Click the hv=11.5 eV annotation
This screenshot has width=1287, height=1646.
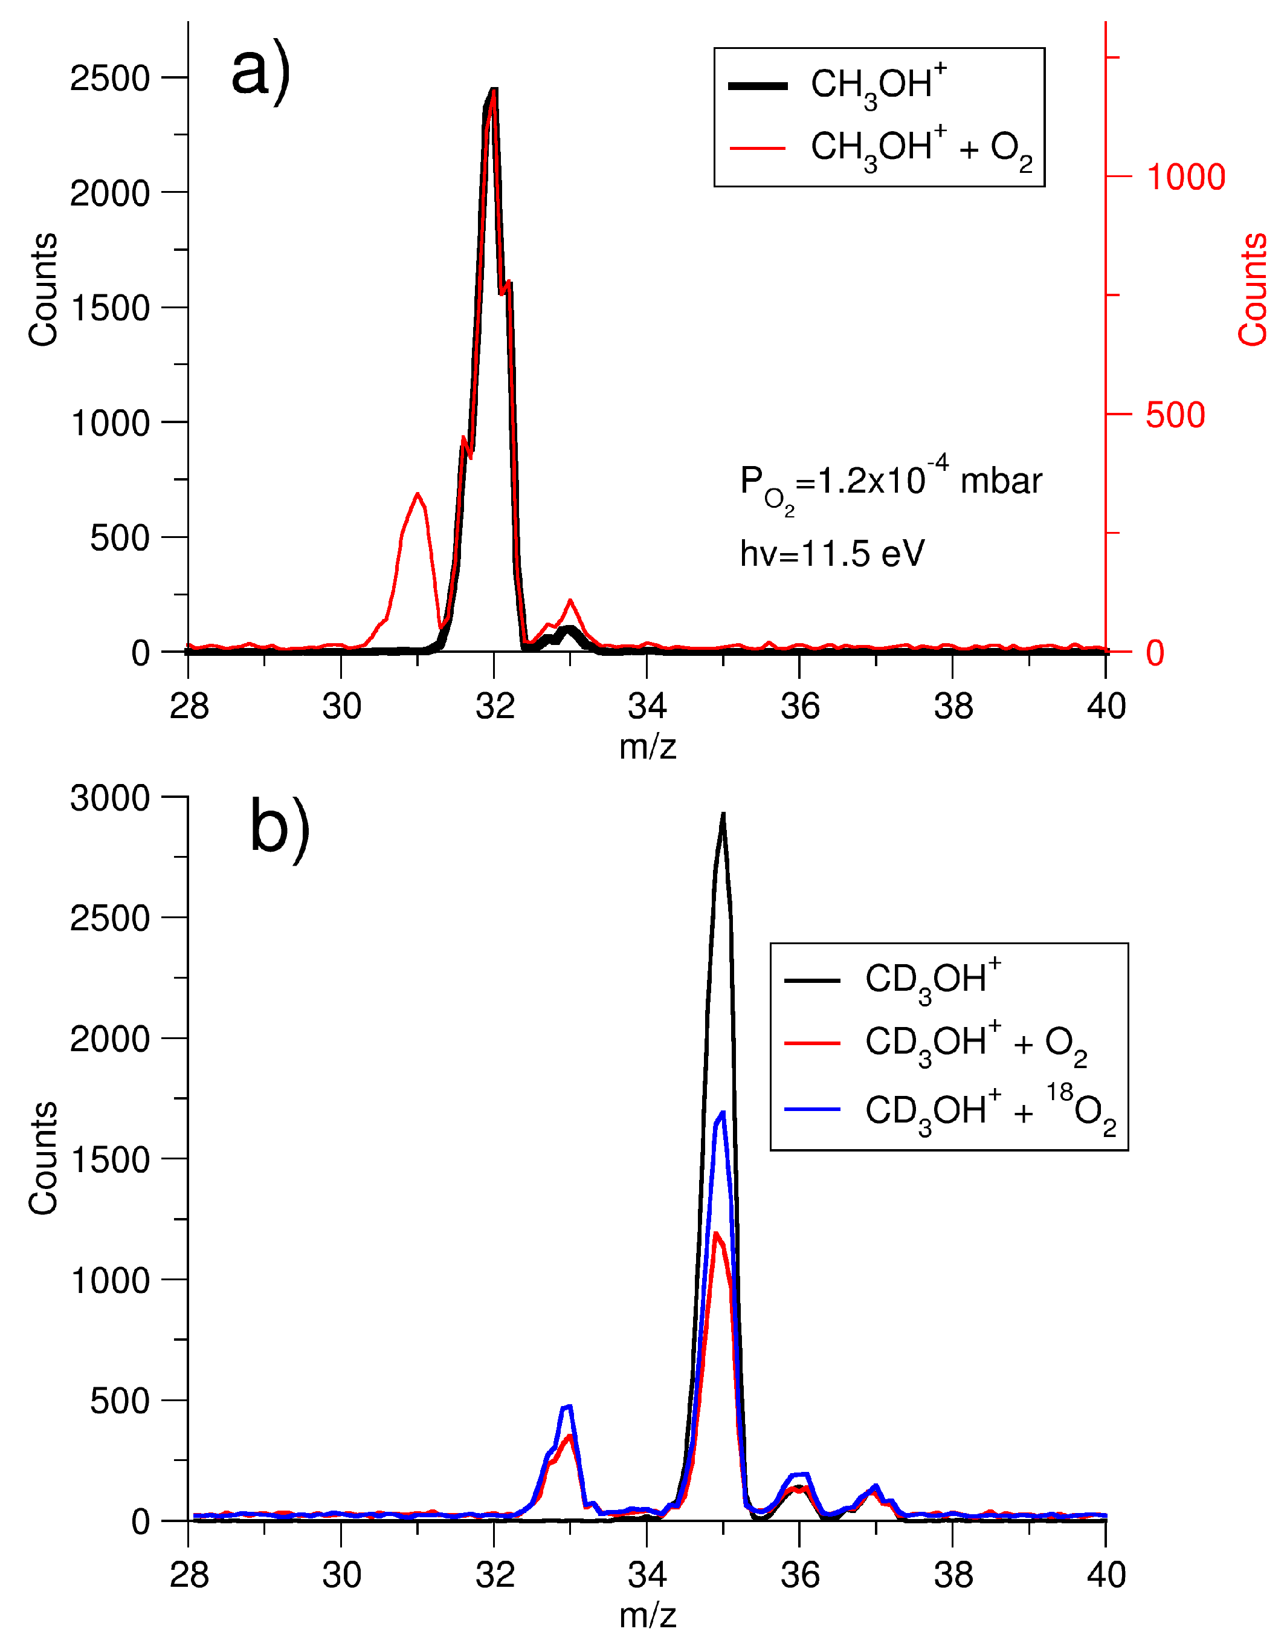point(832,554)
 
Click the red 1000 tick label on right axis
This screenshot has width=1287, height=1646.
point(1185,178)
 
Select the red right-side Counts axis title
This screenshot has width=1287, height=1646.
point(1253,290)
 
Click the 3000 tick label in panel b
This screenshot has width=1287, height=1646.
point(110,798)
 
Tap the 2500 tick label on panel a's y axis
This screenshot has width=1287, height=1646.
point(110,79)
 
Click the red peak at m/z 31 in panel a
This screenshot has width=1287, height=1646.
point(417,495)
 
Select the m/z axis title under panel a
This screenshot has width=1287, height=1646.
point(647,747)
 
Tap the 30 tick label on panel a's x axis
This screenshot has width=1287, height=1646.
point(341,707)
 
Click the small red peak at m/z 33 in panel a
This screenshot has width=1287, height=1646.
point(570,601)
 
